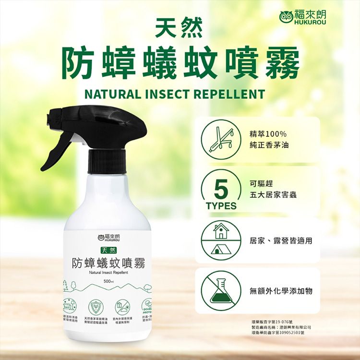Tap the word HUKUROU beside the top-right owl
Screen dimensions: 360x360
(x=308, y=22)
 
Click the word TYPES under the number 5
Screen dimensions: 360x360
(x=221, y=206)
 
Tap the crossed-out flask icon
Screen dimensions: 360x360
(x=221, y=291)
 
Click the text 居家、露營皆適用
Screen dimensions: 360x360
(x=281, y=240)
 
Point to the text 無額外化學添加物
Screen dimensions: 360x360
(x=281, y=291)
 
